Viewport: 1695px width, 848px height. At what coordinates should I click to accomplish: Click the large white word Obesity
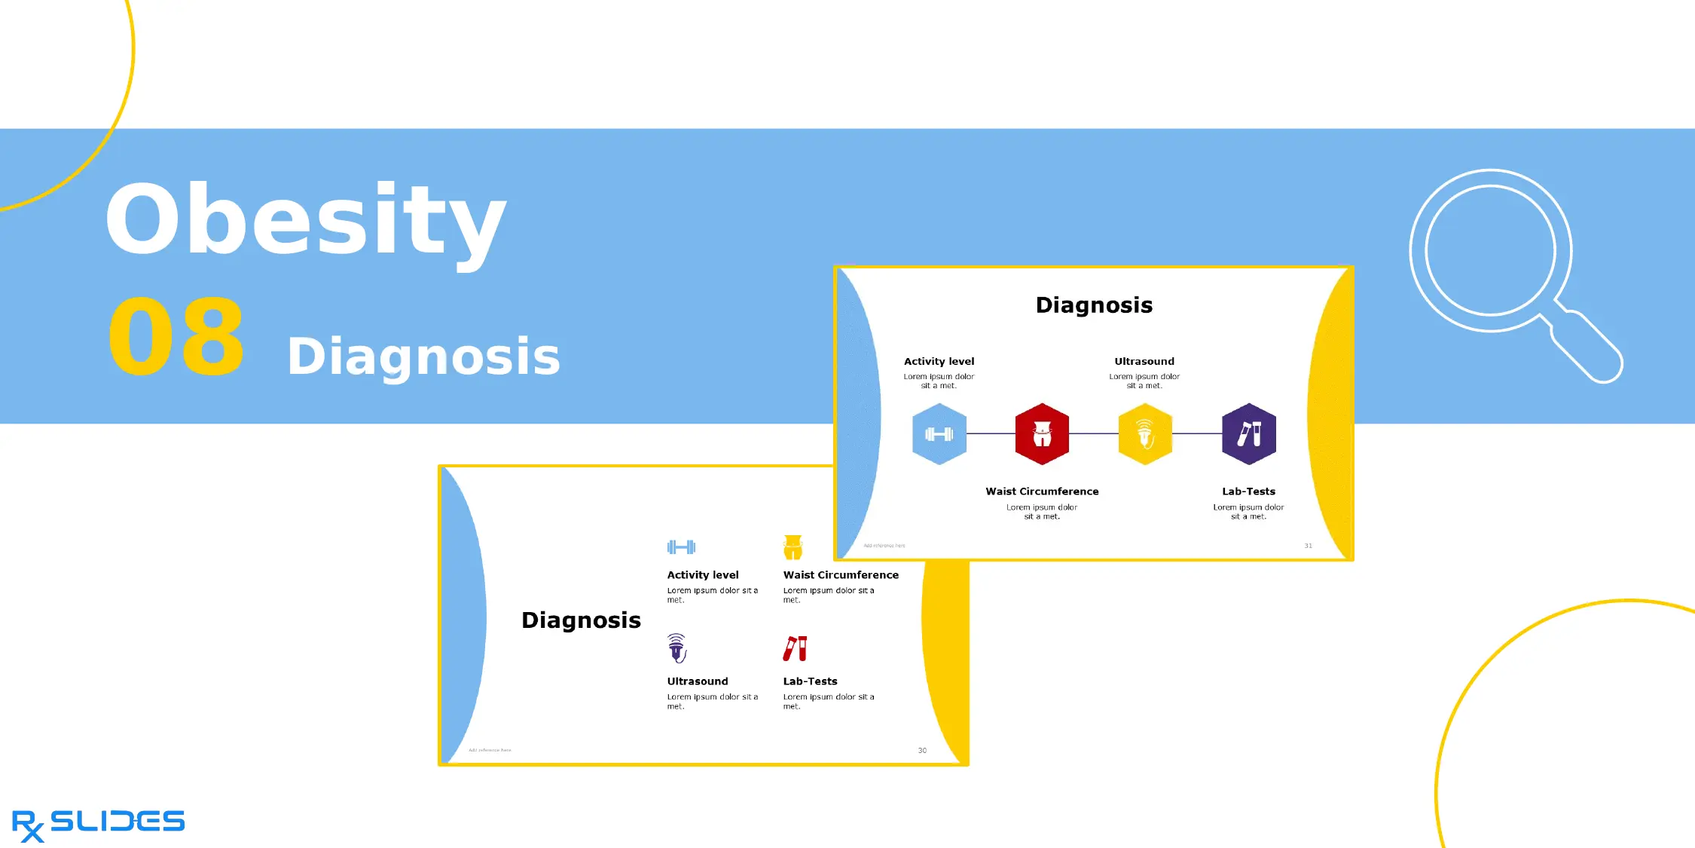coord(305,221)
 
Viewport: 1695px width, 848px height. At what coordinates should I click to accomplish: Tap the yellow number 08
coord(176,337)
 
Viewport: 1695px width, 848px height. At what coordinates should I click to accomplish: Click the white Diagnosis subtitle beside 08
coord(423,357)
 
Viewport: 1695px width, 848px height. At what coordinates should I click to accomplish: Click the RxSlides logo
coord(98,824)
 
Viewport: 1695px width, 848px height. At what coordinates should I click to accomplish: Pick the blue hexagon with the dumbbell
coord(939,434)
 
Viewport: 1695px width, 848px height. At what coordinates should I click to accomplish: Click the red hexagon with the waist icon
coord(1042,434)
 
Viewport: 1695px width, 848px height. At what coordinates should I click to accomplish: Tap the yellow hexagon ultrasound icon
coord(1145,434)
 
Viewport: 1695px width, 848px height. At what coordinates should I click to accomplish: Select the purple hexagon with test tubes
coord(1248,434)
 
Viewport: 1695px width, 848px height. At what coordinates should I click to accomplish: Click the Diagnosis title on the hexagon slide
coord(1094,305)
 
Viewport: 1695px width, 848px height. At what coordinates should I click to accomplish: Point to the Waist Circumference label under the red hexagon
coord(1042,491)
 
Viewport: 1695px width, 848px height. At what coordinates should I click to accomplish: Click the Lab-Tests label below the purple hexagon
coord(1248,491)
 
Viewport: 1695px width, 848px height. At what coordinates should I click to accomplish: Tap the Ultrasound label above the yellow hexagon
coord(1144,362)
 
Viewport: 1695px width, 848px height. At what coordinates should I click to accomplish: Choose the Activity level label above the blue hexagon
coord(939,362)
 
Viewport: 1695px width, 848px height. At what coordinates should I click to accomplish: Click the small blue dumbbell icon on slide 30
coord(681,547)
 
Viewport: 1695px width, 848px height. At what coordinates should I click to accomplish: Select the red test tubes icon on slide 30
coord(795,648)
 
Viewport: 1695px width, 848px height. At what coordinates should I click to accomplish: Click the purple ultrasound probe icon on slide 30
coord(676,647)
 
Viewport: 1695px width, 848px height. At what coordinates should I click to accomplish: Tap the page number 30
coord(922,751)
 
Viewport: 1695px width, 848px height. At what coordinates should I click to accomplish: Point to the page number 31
coord(1308,546)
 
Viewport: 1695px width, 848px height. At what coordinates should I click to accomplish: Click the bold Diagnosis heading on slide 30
coord(581,620)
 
